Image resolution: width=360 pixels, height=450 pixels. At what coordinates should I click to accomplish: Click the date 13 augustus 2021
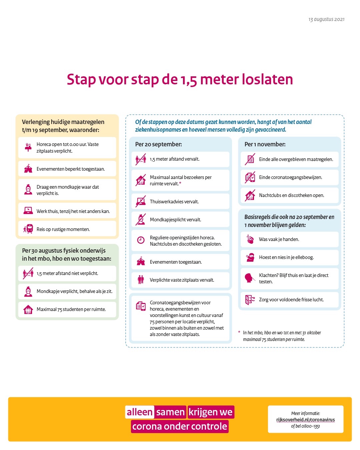(326, 19)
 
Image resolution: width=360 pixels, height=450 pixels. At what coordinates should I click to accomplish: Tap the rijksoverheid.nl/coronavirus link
(305, 420)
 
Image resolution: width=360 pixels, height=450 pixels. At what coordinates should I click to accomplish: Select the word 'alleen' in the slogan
(139, 412)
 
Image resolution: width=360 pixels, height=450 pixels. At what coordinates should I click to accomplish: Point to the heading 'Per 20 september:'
(158, 144)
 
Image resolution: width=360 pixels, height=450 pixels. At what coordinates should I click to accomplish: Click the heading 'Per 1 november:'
(265, 144)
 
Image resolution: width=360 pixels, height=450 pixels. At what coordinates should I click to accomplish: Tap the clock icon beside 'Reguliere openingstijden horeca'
(141, 240)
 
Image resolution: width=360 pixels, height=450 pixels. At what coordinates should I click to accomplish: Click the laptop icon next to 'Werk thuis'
(28, 211)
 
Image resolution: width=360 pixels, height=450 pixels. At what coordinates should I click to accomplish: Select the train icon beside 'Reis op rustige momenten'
(29, 229)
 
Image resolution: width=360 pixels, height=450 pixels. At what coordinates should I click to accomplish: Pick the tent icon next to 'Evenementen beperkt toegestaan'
(28, 169)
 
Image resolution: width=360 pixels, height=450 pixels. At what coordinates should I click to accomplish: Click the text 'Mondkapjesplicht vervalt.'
(175, 220)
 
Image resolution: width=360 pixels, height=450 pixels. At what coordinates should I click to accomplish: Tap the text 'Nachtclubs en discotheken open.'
(291, 195)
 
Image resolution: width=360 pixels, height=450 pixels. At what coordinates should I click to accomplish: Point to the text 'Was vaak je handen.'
(279, 239)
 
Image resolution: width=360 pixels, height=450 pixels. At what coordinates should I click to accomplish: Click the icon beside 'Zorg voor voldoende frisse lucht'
(250, 300)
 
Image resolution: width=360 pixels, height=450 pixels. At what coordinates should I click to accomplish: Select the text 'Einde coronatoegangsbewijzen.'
(290, 177)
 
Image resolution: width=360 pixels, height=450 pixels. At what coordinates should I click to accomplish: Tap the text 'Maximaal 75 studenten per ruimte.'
(71, 309)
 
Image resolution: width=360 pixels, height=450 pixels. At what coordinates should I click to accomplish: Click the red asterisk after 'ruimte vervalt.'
(180, 184)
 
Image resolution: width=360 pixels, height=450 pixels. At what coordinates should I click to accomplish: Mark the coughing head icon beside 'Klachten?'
(249, 278)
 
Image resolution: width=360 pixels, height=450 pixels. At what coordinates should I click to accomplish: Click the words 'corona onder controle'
(180, 426)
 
